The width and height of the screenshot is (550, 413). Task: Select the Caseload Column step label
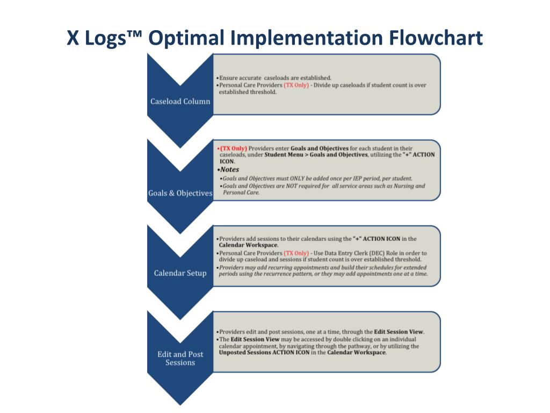pyautogui.click(x=180, y=101)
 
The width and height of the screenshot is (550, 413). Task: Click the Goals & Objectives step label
pyautogui.click(x=180, y=193)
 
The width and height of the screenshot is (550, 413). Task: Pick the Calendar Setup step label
pyautogui.click(x=180, y=273)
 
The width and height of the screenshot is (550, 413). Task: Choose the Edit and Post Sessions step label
pyautogui.click(x=180, y=358)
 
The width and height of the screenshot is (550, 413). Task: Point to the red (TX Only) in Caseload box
pyautogui.click(x=296, y=85)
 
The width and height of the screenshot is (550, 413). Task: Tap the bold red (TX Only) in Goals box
pyautogui.click(x=233, y=148)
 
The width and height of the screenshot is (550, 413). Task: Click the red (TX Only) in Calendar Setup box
pyautogui.click(x=296, y=253)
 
